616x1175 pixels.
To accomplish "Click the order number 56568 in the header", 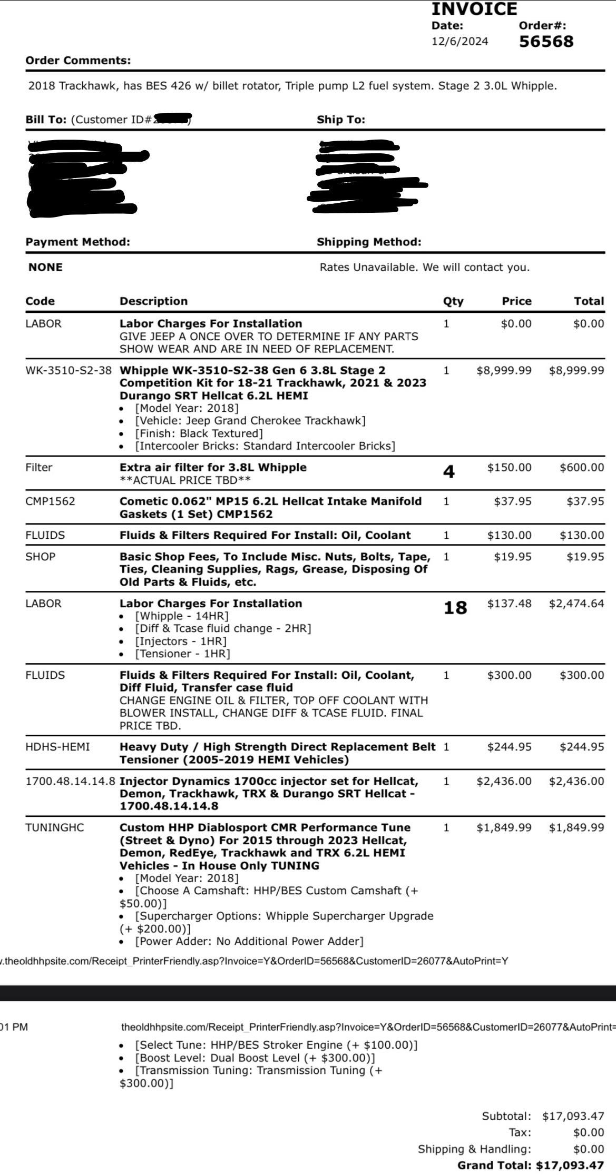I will (546, 42).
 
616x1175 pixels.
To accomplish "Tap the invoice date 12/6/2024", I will (459, 41).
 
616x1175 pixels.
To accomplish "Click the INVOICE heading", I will (474, 9).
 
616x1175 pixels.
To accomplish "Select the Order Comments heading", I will (78, 60).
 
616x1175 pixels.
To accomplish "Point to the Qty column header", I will (453, 301).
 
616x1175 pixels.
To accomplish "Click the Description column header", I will (153, 301).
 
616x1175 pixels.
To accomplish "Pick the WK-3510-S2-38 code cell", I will (69, 370).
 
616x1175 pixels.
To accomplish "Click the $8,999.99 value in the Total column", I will (576, 370).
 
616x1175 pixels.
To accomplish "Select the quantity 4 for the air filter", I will (448, 471).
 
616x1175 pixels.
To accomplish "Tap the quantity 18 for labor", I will (455, 608).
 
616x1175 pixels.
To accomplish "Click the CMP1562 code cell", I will (50, 501).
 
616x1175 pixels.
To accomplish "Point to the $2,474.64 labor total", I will (576, 604).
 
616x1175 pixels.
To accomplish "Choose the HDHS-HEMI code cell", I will (57, 747).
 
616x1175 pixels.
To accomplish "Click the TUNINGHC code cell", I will (54, 827).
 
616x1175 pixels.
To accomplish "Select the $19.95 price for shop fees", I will (513, 557).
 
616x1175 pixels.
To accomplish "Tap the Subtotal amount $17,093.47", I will (573, 1116).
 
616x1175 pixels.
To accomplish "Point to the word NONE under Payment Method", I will (45, 267).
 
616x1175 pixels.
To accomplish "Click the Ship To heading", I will (340, 120).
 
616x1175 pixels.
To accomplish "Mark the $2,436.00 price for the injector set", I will (504, 781).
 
